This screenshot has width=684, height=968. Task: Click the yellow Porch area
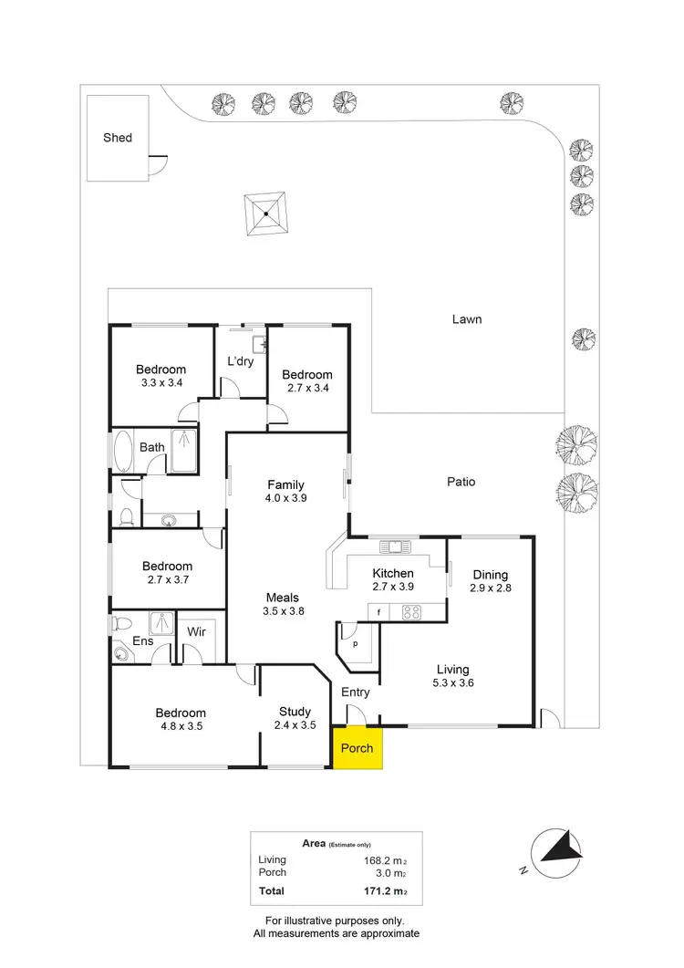point(358,748)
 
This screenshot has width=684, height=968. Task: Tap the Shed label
point(118,138)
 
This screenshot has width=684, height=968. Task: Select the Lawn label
point(466,319)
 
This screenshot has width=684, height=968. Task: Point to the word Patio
point(461,482)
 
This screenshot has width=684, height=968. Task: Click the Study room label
point(295,712)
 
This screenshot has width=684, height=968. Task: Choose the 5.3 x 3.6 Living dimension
point(453,682)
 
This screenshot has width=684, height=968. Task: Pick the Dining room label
point(490,575)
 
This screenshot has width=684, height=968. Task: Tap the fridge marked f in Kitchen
point(378,612)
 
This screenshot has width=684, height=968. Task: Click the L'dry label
point(240,361)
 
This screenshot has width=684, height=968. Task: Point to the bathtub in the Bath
point(123,452)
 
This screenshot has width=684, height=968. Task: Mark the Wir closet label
point(196,631)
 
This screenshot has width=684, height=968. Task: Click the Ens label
point(143,641)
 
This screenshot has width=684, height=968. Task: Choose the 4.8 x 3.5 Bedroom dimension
point(180,727)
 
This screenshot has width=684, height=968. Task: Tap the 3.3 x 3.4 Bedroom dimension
point(161,383)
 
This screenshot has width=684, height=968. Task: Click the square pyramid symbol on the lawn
point(265,214)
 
